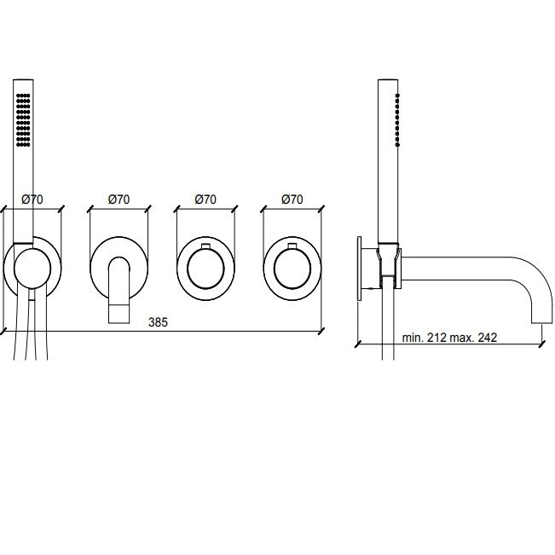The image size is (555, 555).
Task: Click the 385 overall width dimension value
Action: (x=158, y=322)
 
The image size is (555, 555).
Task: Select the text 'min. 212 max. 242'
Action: (x=449, y=338)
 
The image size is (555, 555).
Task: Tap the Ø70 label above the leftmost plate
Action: (x=32, y=199)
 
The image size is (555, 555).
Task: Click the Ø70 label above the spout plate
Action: (x=119, y=199)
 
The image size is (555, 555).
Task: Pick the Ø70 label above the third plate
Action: (x=205, y=199)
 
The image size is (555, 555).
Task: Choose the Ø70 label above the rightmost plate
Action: (x=292, y=199)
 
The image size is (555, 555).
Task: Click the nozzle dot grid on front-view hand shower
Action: (x=23, y=120)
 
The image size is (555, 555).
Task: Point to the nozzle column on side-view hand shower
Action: (x=397, y=120)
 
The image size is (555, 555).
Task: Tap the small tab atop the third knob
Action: (x=205, y=246)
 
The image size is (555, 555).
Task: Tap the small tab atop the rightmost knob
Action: (x=292, y=246)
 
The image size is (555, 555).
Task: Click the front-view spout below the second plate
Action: (x=119, y=290)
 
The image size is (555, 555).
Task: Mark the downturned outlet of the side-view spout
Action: (x=542, y=311)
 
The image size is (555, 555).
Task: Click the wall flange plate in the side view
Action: (x=360, y=269)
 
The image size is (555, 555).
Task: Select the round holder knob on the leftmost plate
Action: (x=32, y=268)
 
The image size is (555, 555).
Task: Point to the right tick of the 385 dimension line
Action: (x=321, y=332)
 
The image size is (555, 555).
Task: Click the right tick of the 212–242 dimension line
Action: (x=542, y=344)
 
